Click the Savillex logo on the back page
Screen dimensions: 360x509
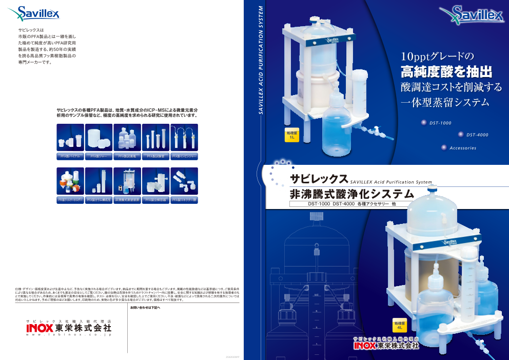38,12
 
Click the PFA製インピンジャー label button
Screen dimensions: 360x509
184,155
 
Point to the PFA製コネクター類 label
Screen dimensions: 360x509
184,199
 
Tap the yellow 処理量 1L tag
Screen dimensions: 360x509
291,135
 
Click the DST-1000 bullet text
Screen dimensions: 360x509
440,123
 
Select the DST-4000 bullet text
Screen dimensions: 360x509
477,135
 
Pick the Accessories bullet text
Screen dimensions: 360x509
462,148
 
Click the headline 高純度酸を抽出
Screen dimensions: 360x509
446,71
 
